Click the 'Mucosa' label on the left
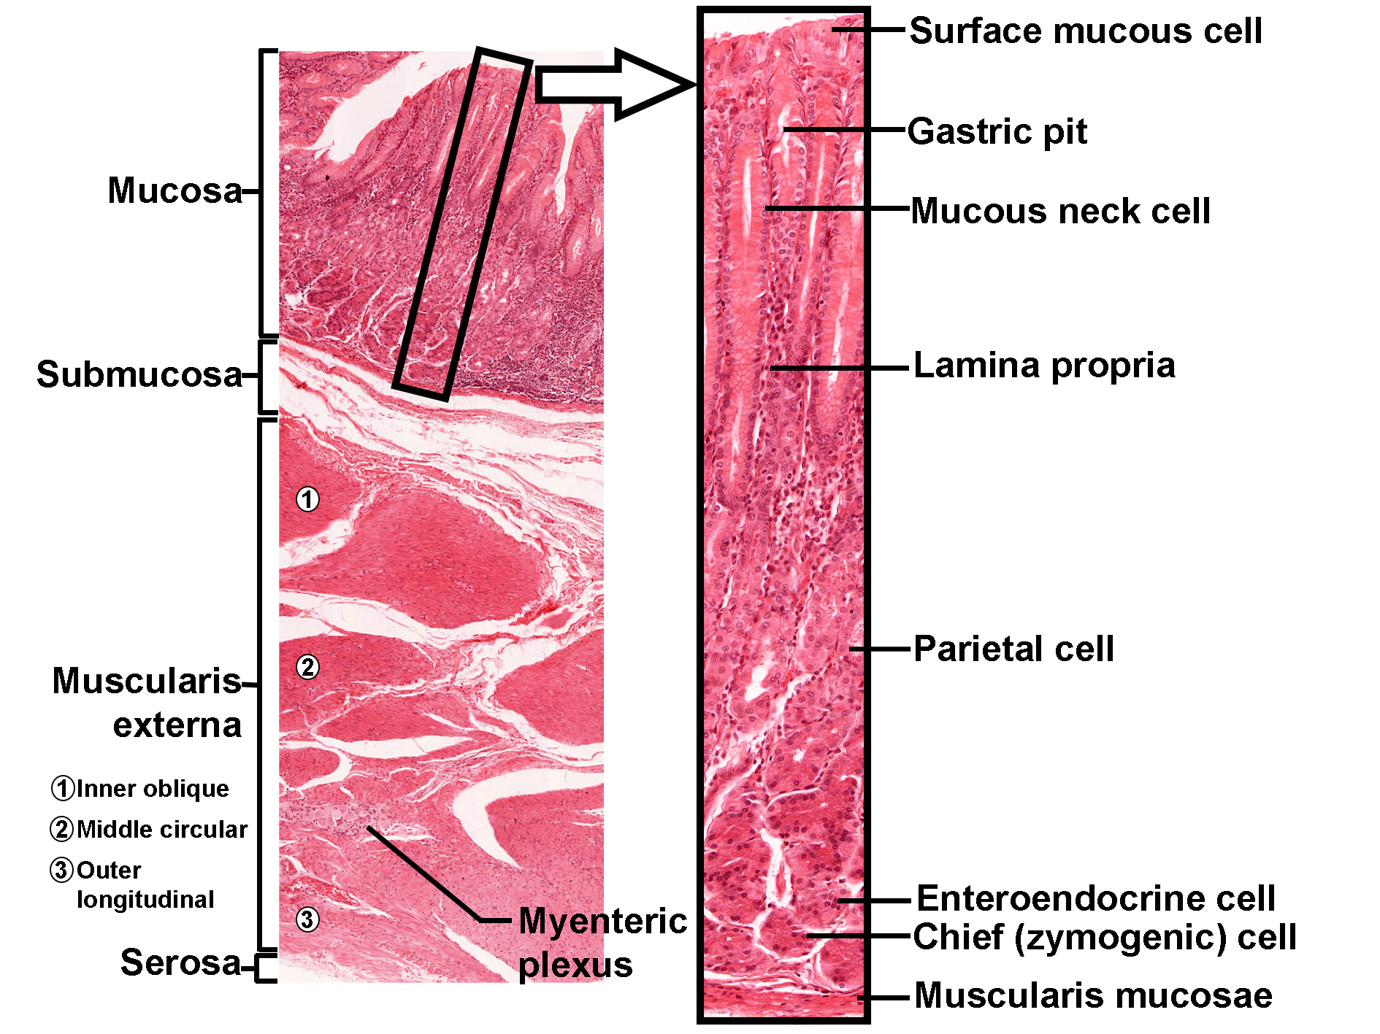[175, 191]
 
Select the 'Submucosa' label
[139, 375]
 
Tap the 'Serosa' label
[180, 962]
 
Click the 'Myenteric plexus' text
[602, 942]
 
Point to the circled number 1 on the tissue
[307, 500]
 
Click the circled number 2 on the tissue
[307, 667]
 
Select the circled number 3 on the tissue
[307, 919]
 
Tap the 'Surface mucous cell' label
[1085, 31]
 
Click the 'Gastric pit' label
[997, 132]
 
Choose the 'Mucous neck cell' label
[1060, 212]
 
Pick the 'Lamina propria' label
[1044, 366]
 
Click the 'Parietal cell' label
[1013, 649]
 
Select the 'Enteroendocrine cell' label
[1095, 898]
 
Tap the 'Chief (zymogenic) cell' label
[1104, 938]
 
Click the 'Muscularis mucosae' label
[1093, 996]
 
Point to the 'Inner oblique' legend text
[152, 789]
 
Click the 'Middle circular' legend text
[161, 830]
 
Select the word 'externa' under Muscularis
[177, 725]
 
